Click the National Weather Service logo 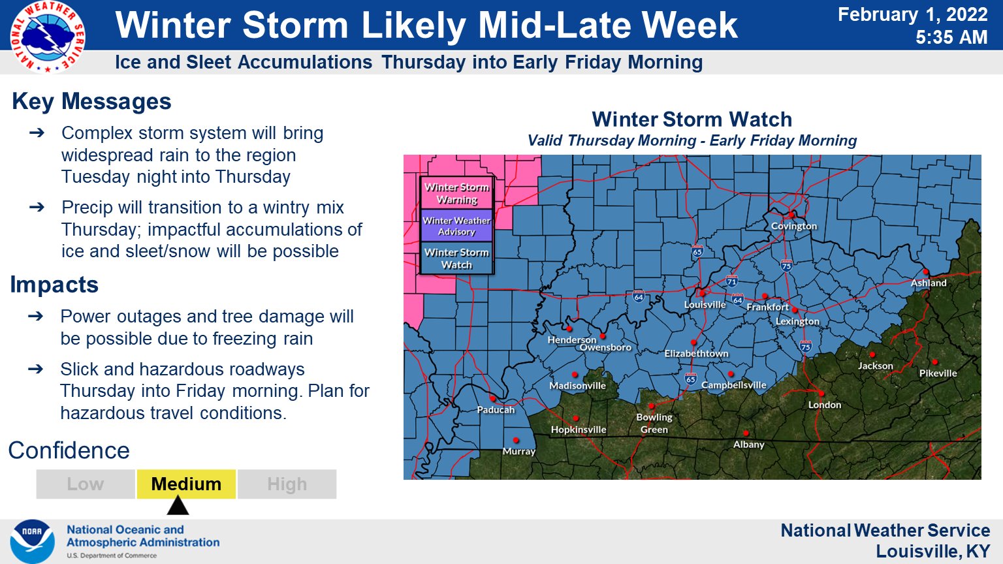click(47, 37)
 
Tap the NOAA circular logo click(32, 541)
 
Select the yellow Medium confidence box click(186, 484)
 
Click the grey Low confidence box click(86, 484)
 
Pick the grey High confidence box click(287, 484)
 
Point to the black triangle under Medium click(178, 506)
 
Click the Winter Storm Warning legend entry click(456, 193)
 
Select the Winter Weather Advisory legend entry click(456, 226)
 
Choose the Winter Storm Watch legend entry click(456, 258)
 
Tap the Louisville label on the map click(705, 305)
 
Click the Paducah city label click(496, 410)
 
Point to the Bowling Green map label click(654, 423)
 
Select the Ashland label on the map click(929, 283)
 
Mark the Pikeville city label click(938, 373)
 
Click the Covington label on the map click(794, 226)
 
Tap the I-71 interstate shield click(731, 281)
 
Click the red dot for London click(821, 394)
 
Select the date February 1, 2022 click(912, 14)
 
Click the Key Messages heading click(91, 102)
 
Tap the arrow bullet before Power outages click(36, 317)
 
